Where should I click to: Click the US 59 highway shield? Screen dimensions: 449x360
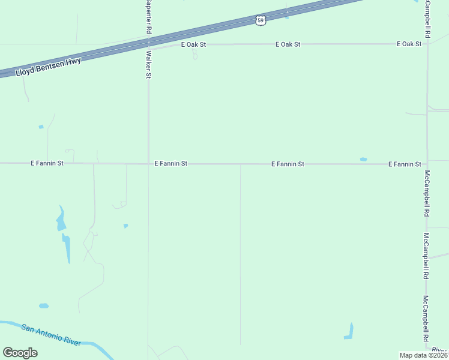point(260,20)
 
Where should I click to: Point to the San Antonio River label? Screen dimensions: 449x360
point(51,334)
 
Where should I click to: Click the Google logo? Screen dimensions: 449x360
point(20,352)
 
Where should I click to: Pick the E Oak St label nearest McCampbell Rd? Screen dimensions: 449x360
point(409,44)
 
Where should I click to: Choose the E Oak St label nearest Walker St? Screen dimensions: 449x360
point(193,44)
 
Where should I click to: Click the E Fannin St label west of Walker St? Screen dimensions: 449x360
point(47,163)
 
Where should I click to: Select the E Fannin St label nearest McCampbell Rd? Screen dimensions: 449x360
point(405,164)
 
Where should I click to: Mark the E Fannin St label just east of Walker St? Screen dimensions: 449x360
point(171,163)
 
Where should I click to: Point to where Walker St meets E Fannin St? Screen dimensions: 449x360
point(148,163)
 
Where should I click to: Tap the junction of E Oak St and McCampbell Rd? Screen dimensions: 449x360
point(427,44)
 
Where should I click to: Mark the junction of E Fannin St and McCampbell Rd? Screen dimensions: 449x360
point(427,164)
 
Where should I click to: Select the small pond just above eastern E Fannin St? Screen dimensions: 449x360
point(363,159)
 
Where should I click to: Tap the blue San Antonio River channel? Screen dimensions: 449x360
point(90,344)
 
